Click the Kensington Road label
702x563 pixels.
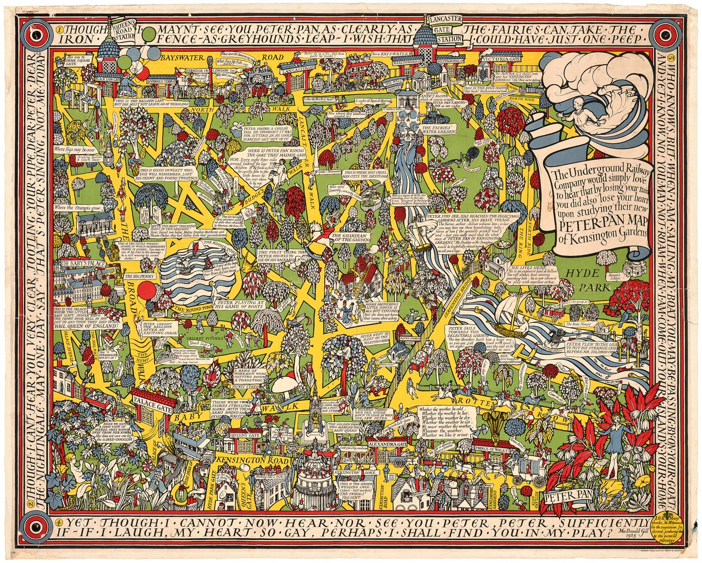[243, 460]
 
